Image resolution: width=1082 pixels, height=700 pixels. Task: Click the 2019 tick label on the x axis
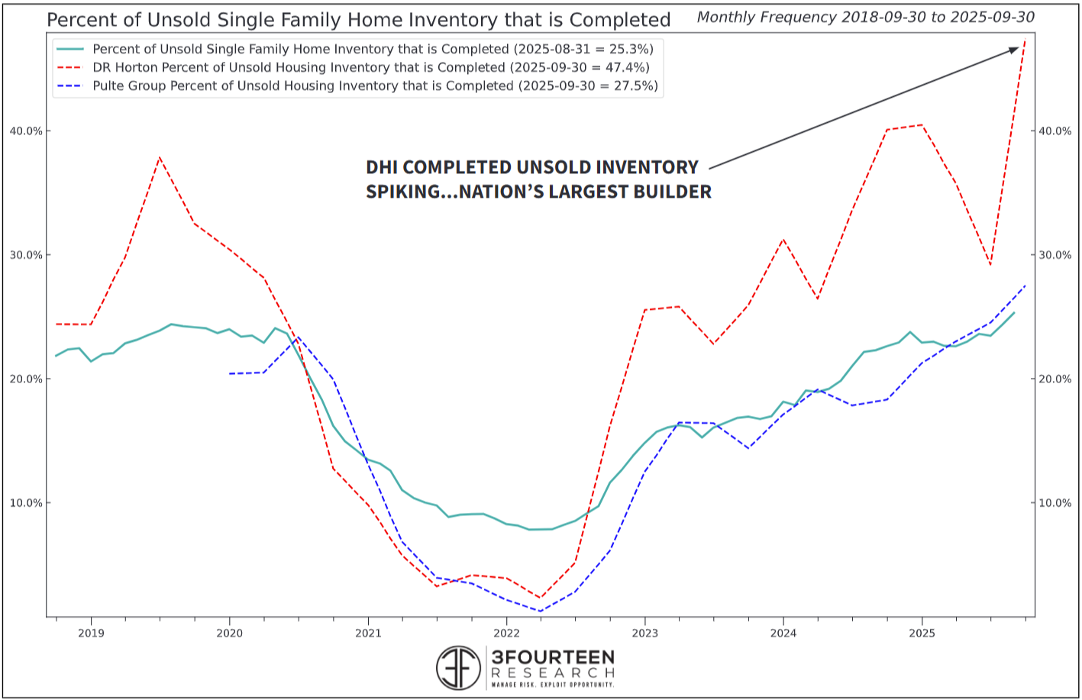(x=91, y=633)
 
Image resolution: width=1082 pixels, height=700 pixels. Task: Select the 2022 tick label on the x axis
(x=506, y=633)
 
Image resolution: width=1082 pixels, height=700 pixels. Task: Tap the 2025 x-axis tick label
(x=922, y=633)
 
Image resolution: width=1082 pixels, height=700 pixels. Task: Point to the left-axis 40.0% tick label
(x=26, y=131)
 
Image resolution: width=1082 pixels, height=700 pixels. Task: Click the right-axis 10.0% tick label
(x=1055, y=503)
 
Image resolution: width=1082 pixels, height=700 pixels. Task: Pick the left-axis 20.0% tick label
(x=26, y=379)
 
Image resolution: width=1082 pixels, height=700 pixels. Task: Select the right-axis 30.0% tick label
(x=1055, y=255)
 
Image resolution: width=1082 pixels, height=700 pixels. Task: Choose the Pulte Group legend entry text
(x=375, y=86)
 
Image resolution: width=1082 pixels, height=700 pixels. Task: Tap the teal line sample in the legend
(x=70, y=50)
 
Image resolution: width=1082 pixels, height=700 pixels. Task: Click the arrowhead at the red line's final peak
(x=1014, y=50)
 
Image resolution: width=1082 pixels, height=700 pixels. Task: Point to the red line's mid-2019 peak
(x=159, y=157)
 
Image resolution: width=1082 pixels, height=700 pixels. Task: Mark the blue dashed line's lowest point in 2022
(x=541, y=611)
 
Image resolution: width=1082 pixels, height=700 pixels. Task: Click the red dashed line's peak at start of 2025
(x=922, y=125)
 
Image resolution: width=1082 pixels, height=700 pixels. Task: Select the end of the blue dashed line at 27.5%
(x=1025, y=285)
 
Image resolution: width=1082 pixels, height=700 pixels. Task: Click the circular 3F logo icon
(x=458, y=668)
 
